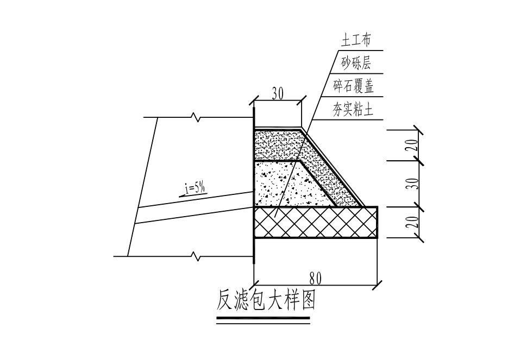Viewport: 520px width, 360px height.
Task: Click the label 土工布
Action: (x=356, y=40)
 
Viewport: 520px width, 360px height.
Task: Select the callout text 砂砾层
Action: (x=356, y=63)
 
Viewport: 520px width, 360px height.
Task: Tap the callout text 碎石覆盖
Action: (x=354, y=86)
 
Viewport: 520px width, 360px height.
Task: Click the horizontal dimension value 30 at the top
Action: (x=278, y=94)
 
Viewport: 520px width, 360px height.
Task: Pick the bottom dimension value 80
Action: (x=315, y=279)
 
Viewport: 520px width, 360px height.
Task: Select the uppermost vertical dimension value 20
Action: (x=412, y=144)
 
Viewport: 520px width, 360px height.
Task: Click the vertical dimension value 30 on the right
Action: (x=412, y=184)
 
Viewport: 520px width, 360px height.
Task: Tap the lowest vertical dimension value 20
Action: (x=412, y=222)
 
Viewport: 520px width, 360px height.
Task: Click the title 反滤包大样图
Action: (x=265, y=301)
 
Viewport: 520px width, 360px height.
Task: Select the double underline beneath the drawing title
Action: (x=263, y=320)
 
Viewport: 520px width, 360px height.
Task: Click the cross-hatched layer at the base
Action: (x=316, y=222)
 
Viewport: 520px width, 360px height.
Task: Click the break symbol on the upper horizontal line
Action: (x=197, y=117)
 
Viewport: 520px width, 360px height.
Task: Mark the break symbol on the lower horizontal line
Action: (x=197, y=256)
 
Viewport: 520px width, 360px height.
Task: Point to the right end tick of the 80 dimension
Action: (x=377, y=285)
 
